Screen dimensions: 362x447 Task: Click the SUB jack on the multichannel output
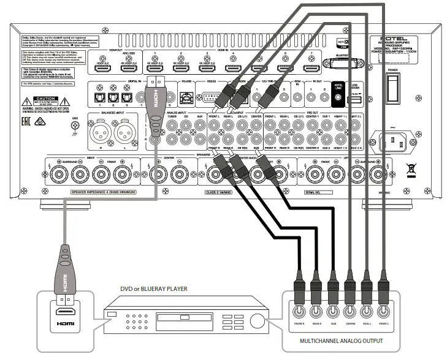point(333,317)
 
